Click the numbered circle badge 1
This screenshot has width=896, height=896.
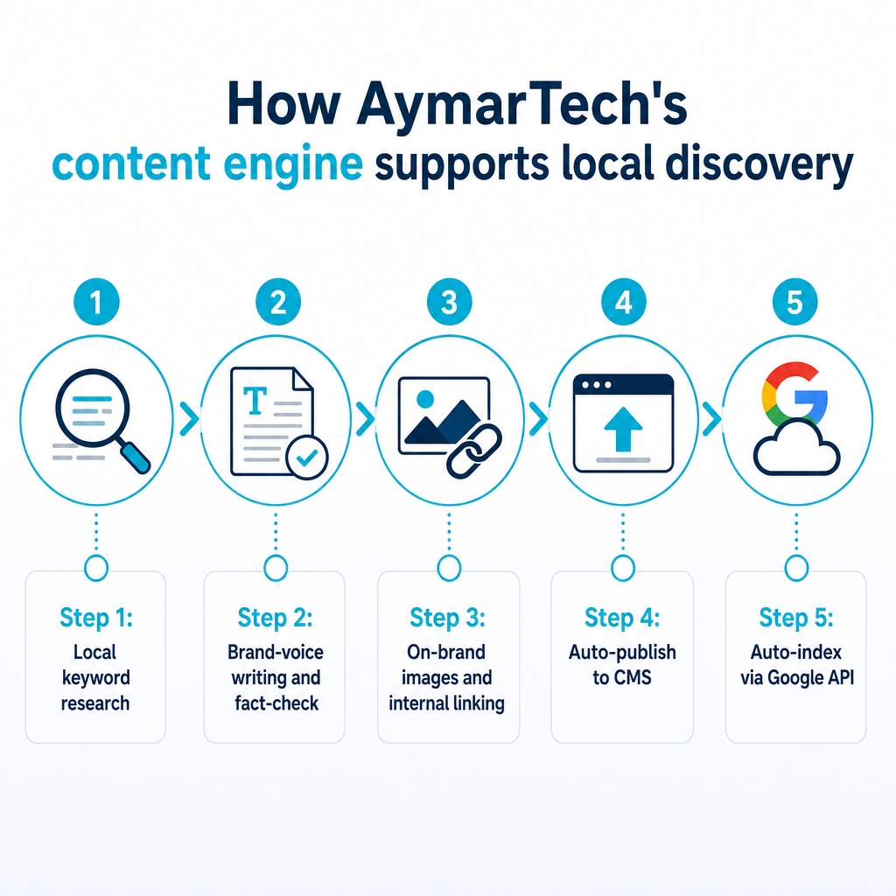click(x=96, y=302)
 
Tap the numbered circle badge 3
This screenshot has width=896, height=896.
click(x=450, y=302)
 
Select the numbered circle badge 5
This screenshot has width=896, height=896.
click(x=794, y=302)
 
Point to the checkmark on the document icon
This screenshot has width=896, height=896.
click(x=307, y=457)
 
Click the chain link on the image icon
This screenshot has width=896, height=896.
click(x=473, y=451)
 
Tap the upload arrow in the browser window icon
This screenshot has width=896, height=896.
click(x=623, y=429)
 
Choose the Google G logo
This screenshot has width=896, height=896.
click(x=794, y=394)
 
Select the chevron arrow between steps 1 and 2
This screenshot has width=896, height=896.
click(x=189, y=419)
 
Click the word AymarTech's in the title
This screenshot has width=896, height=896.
click(x=521, y=105)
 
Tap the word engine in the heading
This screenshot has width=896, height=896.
click(x=293, y=164)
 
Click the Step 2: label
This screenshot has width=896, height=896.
click(x=276, y=618)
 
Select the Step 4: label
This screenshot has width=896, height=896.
click(x=622, y=618)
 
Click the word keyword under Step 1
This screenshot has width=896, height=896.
click(x=96, y=678)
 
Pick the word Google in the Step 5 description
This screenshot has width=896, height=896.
click(x=792, y=678)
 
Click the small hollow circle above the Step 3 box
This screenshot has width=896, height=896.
click(x=449, y=568)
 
